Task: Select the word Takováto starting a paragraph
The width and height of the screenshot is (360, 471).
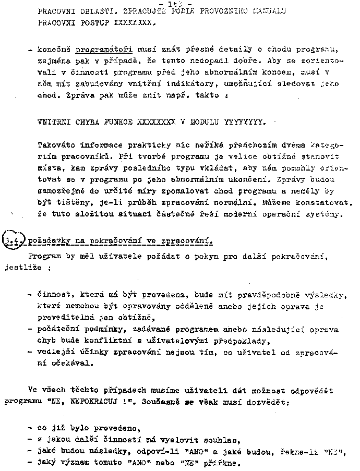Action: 56,144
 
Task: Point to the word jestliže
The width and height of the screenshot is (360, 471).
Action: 22,268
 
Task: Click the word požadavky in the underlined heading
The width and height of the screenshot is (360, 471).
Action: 49,241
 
